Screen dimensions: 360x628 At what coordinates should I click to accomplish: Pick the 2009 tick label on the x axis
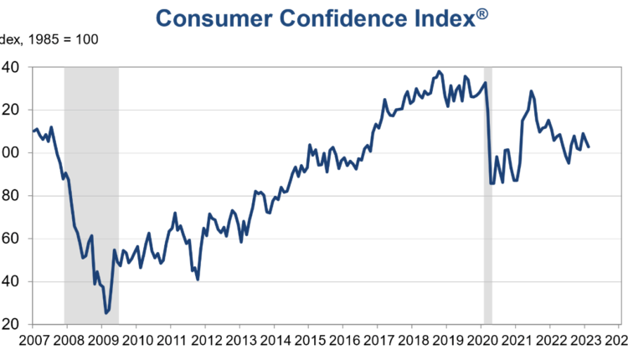tap(103, 341)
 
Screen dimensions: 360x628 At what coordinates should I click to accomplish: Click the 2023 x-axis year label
tap(582, 341)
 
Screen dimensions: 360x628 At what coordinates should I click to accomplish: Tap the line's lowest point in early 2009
tap(106, 313)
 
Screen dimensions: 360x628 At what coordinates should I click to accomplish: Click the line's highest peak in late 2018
tap(440, 71)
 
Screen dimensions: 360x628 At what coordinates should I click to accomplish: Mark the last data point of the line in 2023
tap(589, 147)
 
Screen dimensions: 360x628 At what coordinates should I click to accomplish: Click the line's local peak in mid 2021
tap(531, 90)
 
